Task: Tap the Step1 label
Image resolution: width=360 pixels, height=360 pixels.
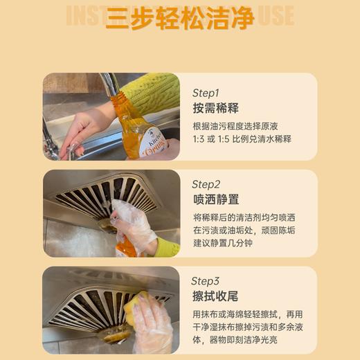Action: (206, 92)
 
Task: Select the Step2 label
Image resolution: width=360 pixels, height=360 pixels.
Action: (206, 184)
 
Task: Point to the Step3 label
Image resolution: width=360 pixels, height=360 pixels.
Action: (206, 281)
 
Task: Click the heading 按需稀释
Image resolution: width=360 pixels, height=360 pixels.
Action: (215, 108)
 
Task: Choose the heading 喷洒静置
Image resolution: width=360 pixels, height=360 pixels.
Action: (215, 200)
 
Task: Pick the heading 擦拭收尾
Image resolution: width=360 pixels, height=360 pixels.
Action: (215, 297)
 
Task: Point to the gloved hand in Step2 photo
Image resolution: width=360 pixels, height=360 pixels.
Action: (133, 225)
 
